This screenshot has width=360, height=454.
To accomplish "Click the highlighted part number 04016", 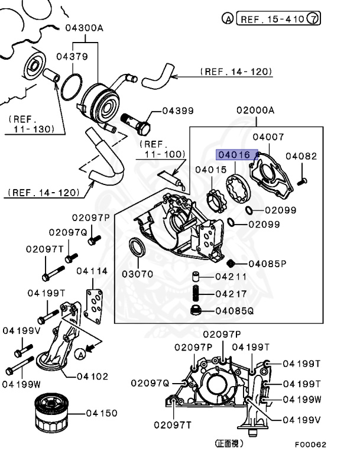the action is [x=234, y=155].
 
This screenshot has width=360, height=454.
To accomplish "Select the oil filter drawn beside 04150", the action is [x=51, y=413].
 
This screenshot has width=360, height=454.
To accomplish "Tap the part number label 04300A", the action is [x=84, y=28].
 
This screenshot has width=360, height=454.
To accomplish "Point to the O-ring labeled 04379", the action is [x=72, y=87].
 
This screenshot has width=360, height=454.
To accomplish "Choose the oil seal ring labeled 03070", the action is [x=137, y=247].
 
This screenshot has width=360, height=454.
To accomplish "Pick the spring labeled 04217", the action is [x=196, y=293].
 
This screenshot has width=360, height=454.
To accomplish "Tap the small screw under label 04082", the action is [x=302, y=182].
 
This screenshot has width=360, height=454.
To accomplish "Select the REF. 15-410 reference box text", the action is [x=273, y=19].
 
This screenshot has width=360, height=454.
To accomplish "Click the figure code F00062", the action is [x=310, y=445].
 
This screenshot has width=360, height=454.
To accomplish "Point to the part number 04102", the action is [x=92, y=377].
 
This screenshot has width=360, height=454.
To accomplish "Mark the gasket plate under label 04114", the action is [x=93, y=306].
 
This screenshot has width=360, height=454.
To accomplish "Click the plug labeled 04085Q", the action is [x=196, y=310].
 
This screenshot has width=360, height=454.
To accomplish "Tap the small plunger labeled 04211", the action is [x=196, y=276].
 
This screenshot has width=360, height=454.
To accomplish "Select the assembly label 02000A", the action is [x=255, y=111].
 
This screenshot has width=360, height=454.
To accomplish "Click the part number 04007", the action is [x=268, y=137].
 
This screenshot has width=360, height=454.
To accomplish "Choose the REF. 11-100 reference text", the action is [x=162, y=149].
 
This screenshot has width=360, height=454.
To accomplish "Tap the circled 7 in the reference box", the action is [x=313, y=18].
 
